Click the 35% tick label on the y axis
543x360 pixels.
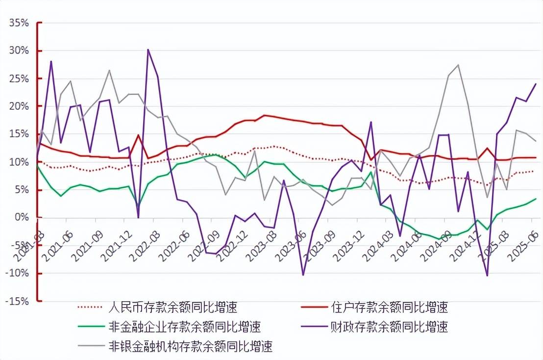(x=19, y=23)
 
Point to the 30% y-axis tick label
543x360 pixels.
(x=19, y=51)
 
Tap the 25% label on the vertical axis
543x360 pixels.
(x=19, y=78)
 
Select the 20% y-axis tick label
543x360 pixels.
(x=19, y=106)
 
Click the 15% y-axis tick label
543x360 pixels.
(x=19, y=134)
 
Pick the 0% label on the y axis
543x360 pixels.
(x=22, y=217)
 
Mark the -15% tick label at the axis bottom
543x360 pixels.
(x=17, y=301)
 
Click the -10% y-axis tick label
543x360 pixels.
(x=17, y=273)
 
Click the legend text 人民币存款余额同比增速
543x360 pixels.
(x=172, y=308)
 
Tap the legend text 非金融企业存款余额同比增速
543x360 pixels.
(x=184, y=327)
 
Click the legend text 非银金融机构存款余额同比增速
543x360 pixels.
(x=190, y=346)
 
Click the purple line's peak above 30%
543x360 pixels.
(x=148, y=50)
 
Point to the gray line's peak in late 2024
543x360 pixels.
(x=458, y=65)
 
